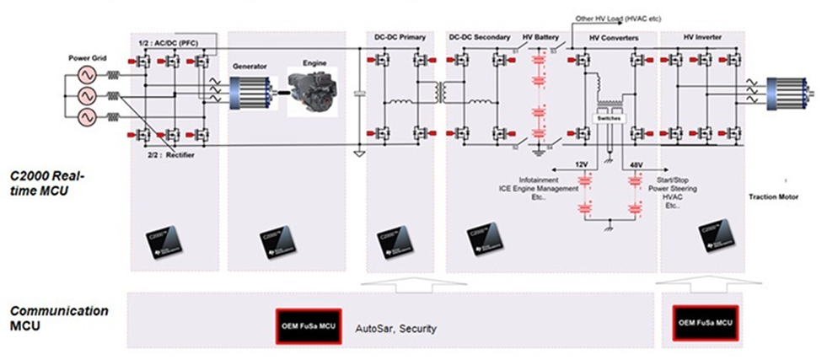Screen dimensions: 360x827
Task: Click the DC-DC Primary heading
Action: pyautogui.click(x=400, y=39)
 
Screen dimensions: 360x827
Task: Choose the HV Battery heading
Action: pyautogui.click(x=540, y=39)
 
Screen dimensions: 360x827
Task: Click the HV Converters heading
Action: pyautogui.click(x=614, y=39)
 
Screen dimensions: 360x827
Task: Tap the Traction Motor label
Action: pyautogui.click(x=772, y=197)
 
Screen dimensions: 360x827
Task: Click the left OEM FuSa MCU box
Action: pyautogui.click(x=308, y=325)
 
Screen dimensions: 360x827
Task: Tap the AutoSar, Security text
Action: pyautogui.click(x=395, y=327)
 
